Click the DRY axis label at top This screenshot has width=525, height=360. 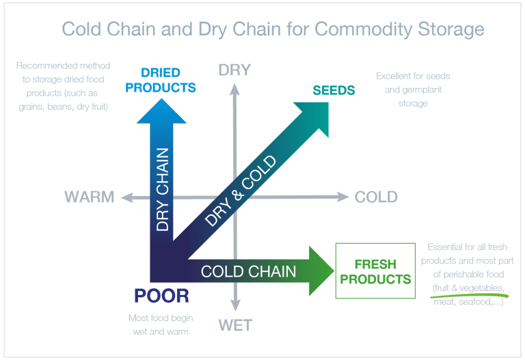pos(234,70)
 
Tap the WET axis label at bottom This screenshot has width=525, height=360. pos(235,325)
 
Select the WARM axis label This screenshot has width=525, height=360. pos(90,197)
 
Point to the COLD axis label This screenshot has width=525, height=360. pos(376,197)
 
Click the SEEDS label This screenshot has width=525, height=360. pos(334,90)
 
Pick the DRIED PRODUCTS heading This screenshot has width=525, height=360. pos(161,80)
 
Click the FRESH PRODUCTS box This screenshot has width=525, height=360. pos(375,271)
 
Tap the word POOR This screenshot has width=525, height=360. pos(162,296)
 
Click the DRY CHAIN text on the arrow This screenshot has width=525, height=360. pos(163,189)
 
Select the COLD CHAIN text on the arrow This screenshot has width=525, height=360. pos(248,271)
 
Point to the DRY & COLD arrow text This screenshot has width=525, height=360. pos(241,191)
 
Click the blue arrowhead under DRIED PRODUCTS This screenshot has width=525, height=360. pos(161,112)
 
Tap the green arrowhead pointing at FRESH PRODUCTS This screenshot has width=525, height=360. pos(321,271)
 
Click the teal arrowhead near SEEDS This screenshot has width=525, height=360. pos(315,115)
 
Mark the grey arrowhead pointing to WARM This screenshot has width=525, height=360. pos(127,197)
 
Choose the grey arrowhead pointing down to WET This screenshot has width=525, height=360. pos(235,305)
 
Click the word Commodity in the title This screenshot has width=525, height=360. pos(363,29)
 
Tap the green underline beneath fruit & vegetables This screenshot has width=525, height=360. pos(469,295)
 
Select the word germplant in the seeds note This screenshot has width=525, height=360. pos(422,90)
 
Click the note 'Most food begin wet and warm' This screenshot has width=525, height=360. pos(161,324)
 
